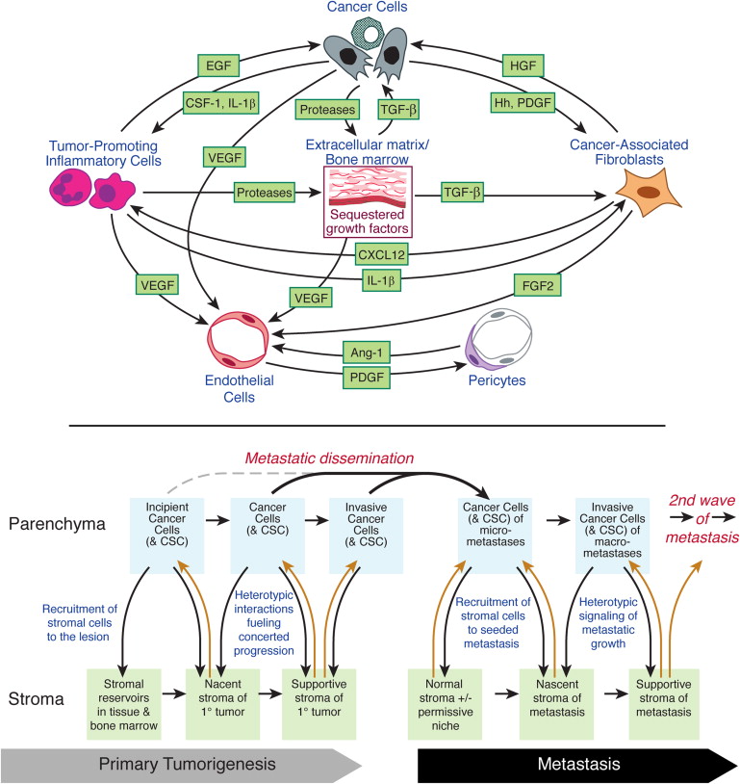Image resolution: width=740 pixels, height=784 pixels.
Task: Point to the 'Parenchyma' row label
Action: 57,527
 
